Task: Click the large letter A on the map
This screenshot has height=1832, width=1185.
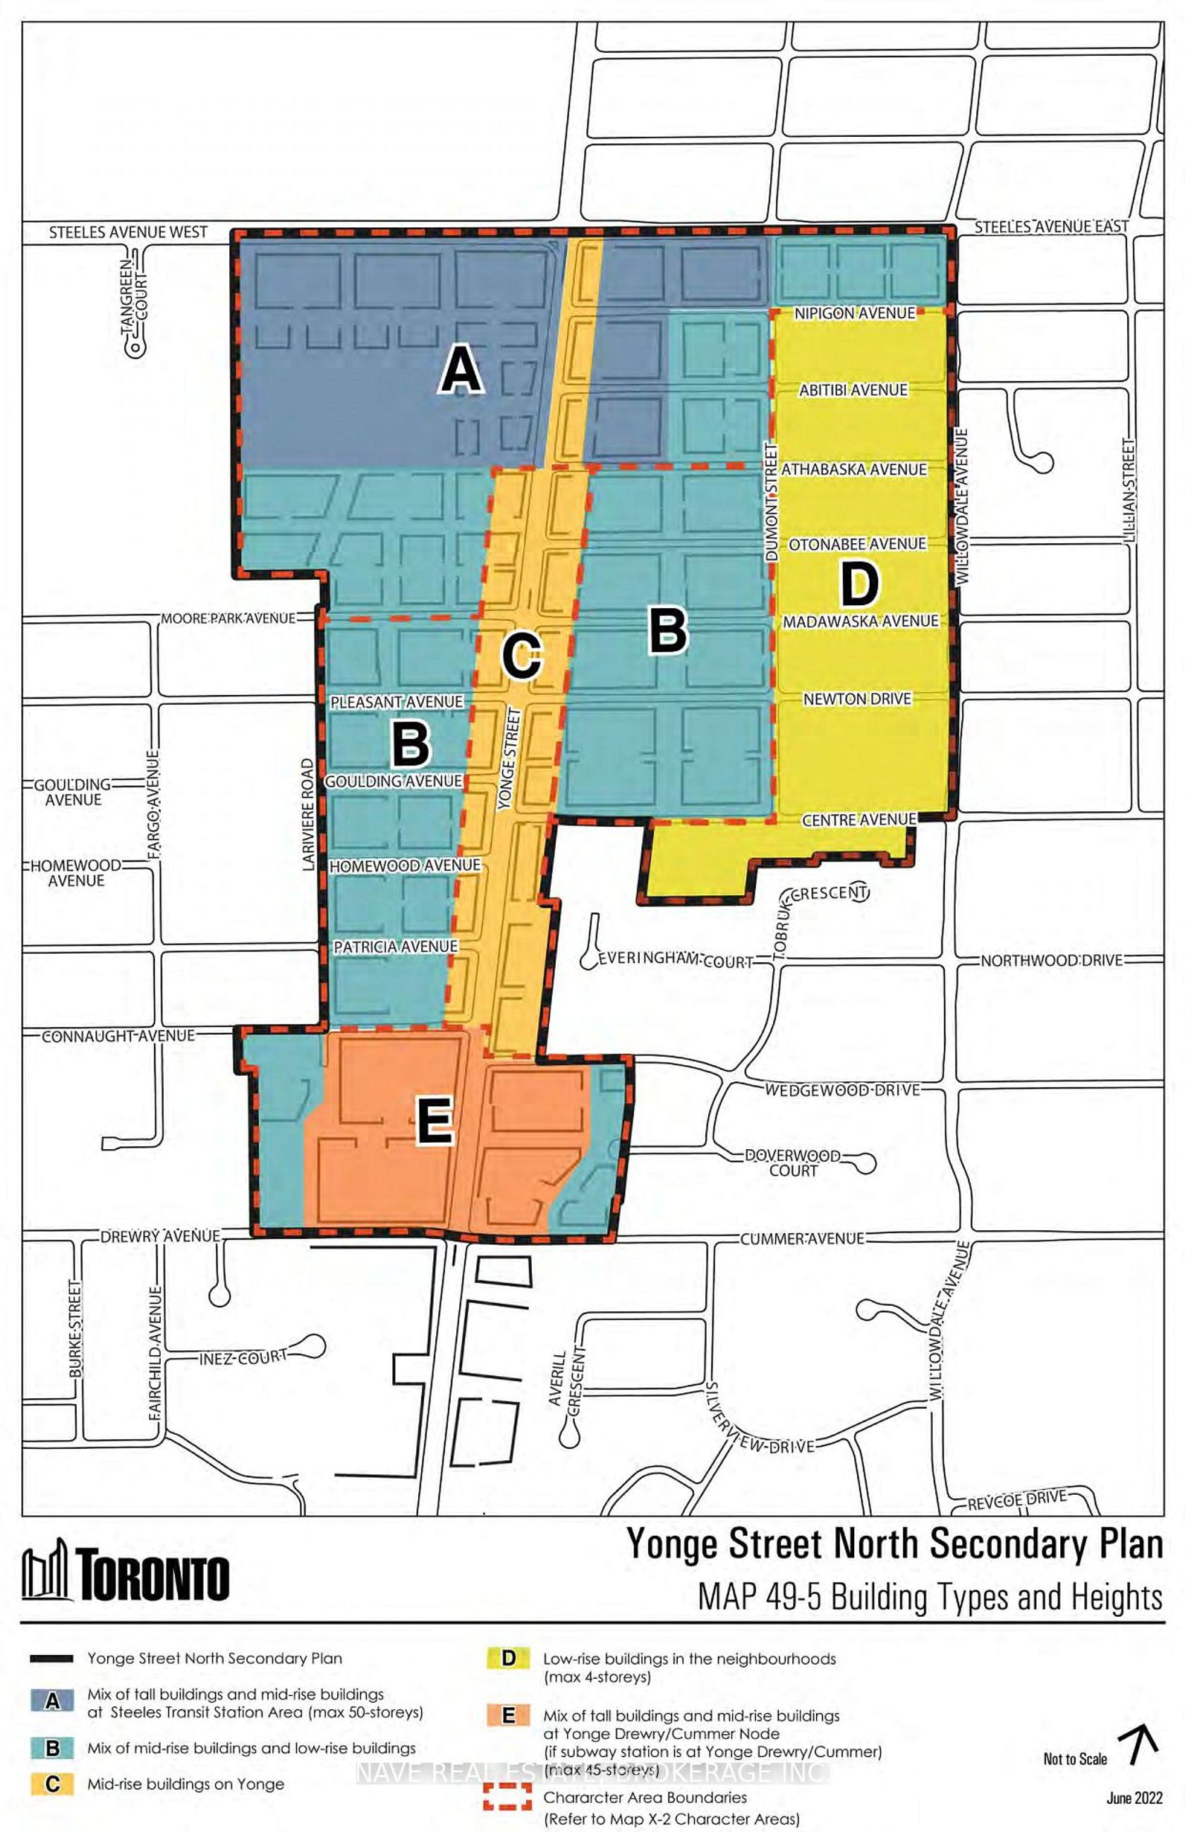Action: tap(461, 370)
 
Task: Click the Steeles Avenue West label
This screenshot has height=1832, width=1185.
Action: tap(128, 231)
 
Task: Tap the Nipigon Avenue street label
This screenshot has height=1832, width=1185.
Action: tap(855, 313)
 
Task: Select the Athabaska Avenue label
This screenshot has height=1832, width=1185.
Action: tap(854, 469)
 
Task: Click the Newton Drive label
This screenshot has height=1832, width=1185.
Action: tap(857, 698)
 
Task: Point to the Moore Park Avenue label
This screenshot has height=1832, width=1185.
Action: tap(228, 618)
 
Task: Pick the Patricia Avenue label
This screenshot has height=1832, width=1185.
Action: tap(396, 947)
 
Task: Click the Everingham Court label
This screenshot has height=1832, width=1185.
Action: tap(675, 960)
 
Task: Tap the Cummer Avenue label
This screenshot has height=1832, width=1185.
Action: tap(803, 1239)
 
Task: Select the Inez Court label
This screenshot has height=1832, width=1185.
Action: tap(243, 1358)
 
